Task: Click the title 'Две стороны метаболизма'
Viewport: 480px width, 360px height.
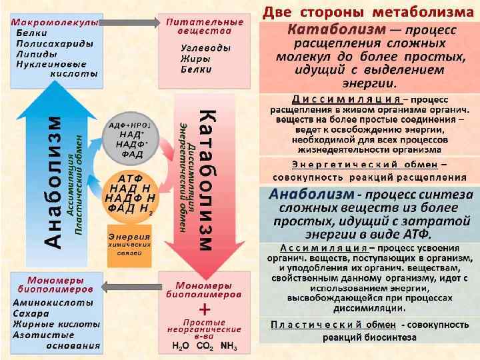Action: (368, 12)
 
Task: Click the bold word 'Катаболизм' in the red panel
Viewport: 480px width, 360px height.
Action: (337, 31)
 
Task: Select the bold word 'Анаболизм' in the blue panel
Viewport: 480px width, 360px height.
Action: (312, 194)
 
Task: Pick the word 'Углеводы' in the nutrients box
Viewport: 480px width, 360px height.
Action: (206, 49)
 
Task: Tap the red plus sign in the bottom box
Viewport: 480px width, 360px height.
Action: (205, 310)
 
